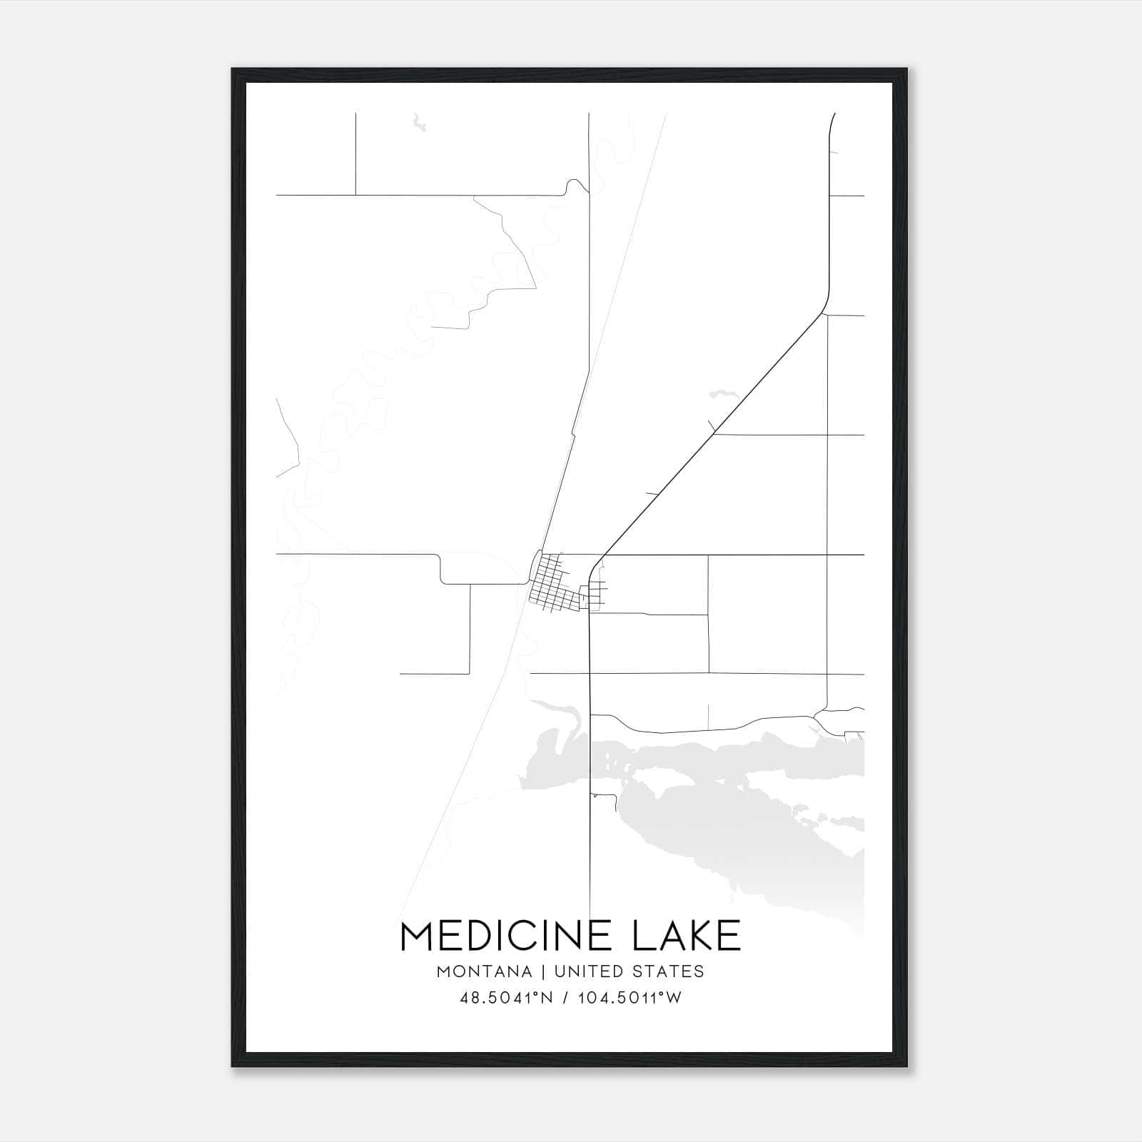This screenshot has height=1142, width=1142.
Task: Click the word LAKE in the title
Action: point(687,936)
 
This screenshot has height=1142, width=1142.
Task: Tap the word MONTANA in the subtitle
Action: point(485,971)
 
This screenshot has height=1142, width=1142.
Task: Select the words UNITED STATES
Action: point(629,971)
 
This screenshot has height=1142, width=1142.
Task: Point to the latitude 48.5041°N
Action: point(507,999)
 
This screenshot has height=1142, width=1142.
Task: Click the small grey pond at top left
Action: point(418,126)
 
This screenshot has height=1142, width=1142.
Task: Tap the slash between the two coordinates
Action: point(565,999)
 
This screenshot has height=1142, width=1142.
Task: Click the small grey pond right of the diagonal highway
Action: point(721,393)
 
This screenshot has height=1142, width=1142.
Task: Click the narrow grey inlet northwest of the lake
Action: point(560,709)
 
